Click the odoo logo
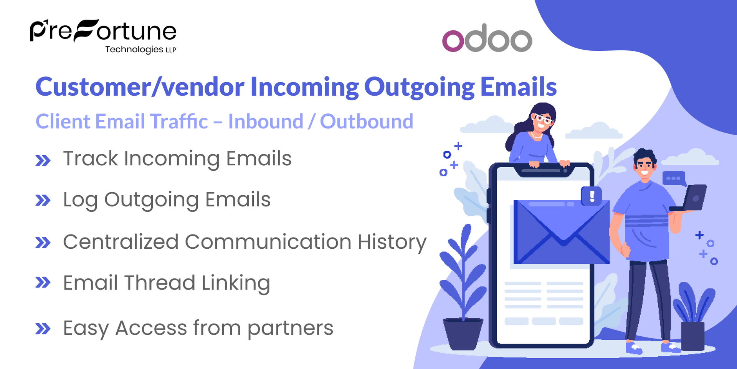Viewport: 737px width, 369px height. (x=487, y=38)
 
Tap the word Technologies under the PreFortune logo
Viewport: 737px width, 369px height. (x=134, y=50)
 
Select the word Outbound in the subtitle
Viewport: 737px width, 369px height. (x=367, y=121)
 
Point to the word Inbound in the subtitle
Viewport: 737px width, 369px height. (x=266, y=121)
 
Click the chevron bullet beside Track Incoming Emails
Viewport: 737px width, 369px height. (x=43, y=160)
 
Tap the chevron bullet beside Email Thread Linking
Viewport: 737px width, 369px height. (x=43, y=283)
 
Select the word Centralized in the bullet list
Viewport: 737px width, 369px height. (x=121, y=242)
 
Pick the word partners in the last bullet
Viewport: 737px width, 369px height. (x=290, y=329)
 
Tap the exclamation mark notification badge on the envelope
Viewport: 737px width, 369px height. (x=592, y=196)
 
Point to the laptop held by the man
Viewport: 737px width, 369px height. (x=693, y=198)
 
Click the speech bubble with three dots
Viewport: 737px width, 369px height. (x=674, y=178)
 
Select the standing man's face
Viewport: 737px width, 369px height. (x=645, y=166)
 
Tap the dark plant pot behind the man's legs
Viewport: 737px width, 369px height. (x=692, y=336)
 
